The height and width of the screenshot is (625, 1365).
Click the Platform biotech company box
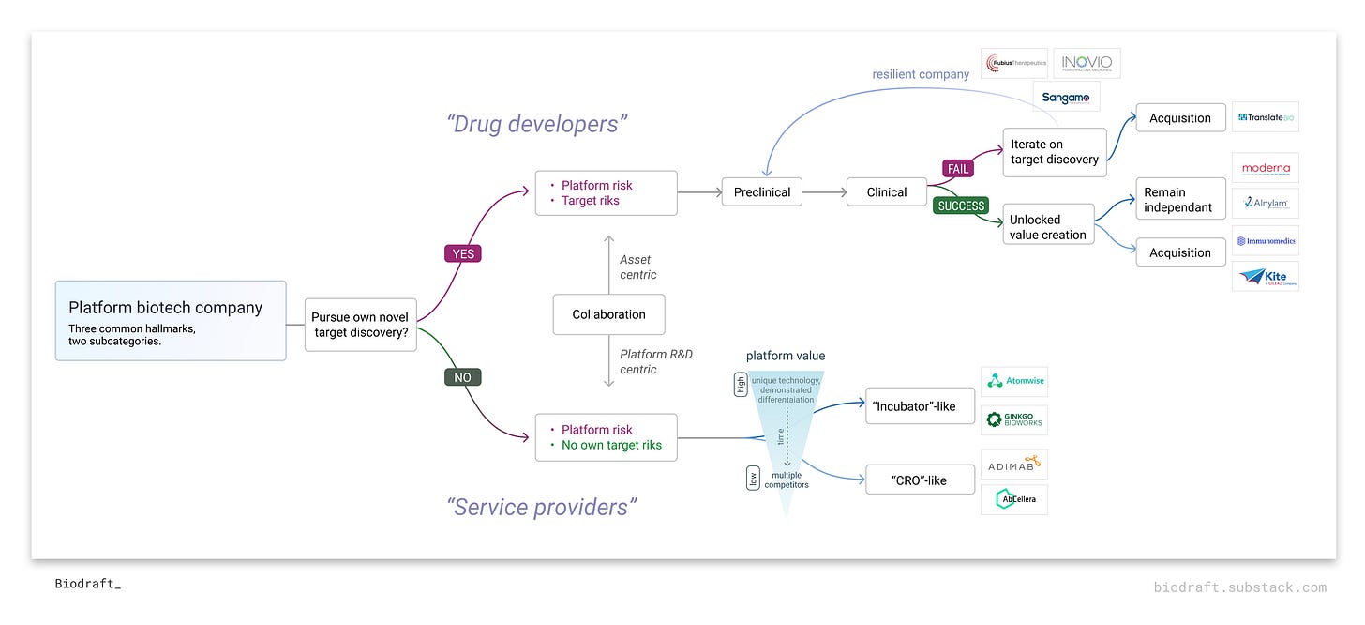click(x=171, y=320)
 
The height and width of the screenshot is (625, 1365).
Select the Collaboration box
click(x=608, y=314)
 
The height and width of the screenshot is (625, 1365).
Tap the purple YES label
click(x=463, y=253)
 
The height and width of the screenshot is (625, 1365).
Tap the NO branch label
click(x=462, y=377)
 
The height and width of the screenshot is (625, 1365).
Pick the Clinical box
click(x=886, y=192)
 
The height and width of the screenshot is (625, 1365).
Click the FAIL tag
click(x=958, y=169)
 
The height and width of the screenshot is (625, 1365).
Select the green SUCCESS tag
click(x=961, y=206)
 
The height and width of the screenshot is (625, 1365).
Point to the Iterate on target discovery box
click(x=1054, y=152)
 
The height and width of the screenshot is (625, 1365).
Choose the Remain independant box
click(x=1180, y=200)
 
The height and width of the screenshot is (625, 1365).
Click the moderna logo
click(x=1265, y=168)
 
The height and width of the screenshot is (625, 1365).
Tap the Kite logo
click(x=1265, y=277)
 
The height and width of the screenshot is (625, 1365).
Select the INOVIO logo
click(x=1087, y=64)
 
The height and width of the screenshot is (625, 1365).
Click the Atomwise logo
click(x=1013, y=381)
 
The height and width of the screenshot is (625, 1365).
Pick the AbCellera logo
click(x=1013, y=499)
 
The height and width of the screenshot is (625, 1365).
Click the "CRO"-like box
click(x=920, y=480)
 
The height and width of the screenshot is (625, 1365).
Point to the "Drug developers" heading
click(x=536, y=124)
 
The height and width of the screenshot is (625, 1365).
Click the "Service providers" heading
click(x=542, y=508)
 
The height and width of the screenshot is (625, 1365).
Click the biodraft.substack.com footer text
click(x=1239, y=587)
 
